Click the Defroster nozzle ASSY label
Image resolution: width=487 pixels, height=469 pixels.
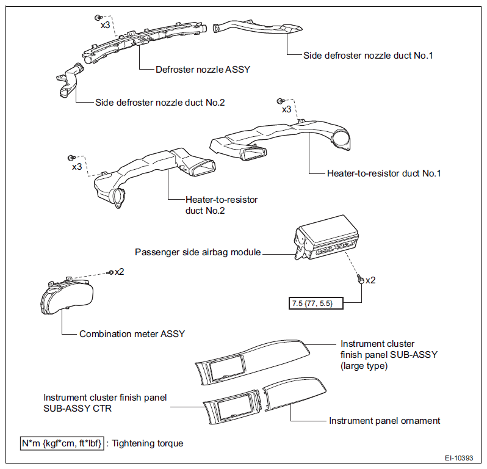(x=203, y=69)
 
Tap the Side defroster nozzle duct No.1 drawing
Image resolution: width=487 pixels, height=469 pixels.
(x=257, y=27)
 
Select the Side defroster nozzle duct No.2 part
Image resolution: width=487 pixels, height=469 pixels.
(x=70, y=80)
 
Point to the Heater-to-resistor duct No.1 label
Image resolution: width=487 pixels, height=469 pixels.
(x=384, y=173)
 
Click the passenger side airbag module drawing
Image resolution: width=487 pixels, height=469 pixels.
(x=326, y=238)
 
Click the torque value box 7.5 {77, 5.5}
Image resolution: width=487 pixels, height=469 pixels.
(x=316, y=303)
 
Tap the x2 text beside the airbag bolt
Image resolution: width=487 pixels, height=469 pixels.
(x=370, y=280)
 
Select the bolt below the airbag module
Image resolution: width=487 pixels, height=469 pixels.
(x=360, y=279)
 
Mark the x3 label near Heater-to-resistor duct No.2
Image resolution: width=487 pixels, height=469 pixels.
(x=77, y=167)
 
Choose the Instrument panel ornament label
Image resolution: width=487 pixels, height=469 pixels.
(x=384, y=421)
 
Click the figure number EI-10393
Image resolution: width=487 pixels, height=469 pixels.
(x=459, y=458)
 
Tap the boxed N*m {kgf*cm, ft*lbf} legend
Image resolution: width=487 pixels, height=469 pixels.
(x=62, y=443)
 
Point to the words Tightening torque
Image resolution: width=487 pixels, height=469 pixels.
(x=148, y=443)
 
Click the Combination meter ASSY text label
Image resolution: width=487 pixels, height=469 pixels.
(x=132, y=334)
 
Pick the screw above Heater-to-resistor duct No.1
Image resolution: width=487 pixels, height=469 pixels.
(x=280, y=101)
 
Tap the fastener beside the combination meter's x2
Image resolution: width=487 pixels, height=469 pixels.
(x=110, y=272)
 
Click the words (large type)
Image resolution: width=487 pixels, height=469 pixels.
(x=364, y=366)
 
